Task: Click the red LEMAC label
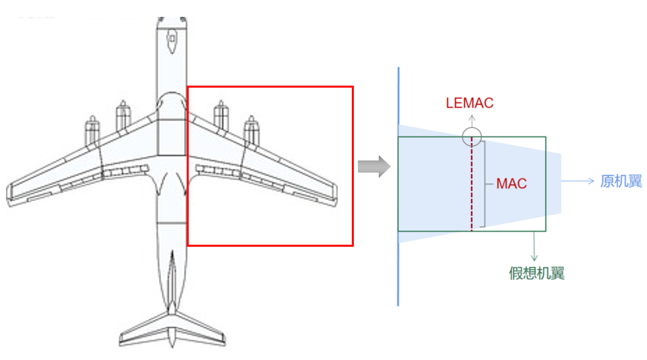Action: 470,103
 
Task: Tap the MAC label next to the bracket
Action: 511,183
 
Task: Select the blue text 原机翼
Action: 621,181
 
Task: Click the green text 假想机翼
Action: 536,273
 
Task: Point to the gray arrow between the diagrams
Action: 373,167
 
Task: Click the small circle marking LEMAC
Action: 472,136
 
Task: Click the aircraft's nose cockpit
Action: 172,39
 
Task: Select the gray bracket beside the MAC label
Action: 485,184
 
